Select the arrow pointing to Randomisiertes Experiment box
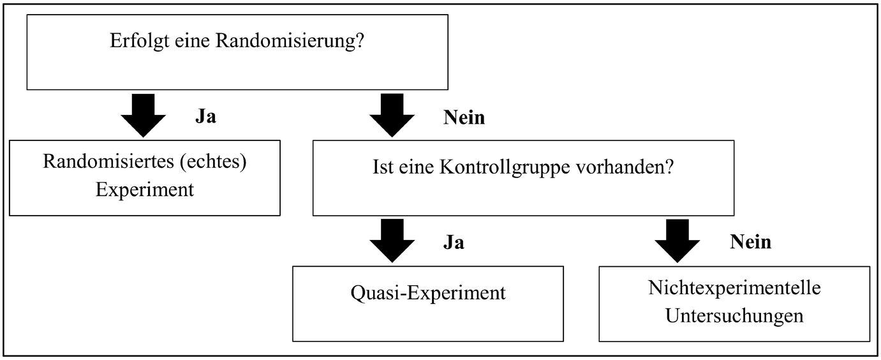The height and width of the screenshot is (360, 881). click(x=143, y=115)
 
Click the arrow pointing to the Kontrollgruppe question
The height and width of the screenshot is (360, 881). click(x=392, y=115)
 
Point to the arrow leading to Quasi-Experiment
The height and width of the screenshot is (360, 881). click(x=392, y=240)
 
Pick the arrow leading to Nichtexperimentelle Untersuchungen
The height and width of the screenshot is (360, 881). click(x=677, y=240)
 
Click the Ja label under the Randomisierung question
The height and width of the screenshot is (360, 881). click(x=205, y=118)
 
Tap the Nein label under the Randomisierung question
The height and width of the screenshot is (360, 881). click(x=464, y=118)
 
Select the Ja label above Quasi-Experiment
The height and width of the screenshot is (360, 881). click(x=454, y=243)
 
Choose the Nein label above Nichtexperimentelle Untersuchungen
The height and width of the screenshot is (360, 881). click(x=750, y=243)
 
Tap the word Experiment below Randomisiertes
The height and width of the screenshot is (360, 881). click(x=145, y=190)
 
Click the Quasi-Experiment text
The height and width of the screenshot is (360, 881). click(x=428, y=293)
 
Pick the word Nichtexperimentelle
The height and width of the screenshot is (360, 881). click(x=734, y=287)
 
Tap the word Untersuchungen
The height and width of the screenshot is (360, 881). click(x=734, y=315)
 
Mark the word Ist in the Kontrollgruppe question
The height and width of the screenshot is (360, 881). click(x=381, y=168)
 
